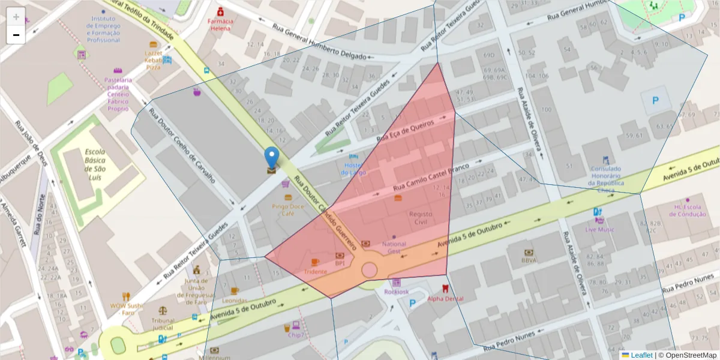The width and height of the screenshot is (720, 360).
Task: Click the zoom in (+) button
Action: [x=16, y=17]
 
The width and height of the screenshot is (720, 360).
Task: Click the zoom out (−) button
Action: [x=16, y=35]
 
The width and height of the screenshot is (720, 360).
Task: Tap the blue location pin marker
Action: [x=272, y=158]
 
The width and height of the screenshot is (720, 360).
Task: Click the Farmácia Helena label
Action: [x=220, y=25]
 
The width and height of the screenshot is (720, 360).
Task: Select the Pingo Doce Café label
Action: [x=287, y=209]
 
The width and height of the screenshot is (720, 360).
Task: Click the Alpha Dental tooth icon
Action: [x=445, y=289]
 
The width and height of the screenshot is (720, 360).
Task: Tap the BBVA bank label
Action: [x=529, y=260]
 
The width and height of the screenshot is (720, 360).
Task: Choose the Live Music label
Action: [x=599, y=229]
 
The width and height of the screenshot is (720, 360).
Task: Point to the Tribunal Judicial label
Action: [x=163, y=324]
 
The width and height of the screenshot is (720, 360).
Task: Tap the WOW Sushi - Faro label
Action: [x=126, y=308]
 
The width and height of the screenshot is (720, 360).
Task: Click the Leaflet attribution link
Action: [x=641, y=355]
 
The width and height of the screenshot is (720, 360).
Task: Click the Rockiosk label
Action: [x=395, y=292]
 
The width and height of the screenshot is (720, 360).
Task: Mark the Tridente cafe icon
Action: [x=315, y=262]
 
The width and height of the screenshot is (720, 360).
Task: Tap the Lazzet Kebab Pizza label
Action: [x=153, y=60]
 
